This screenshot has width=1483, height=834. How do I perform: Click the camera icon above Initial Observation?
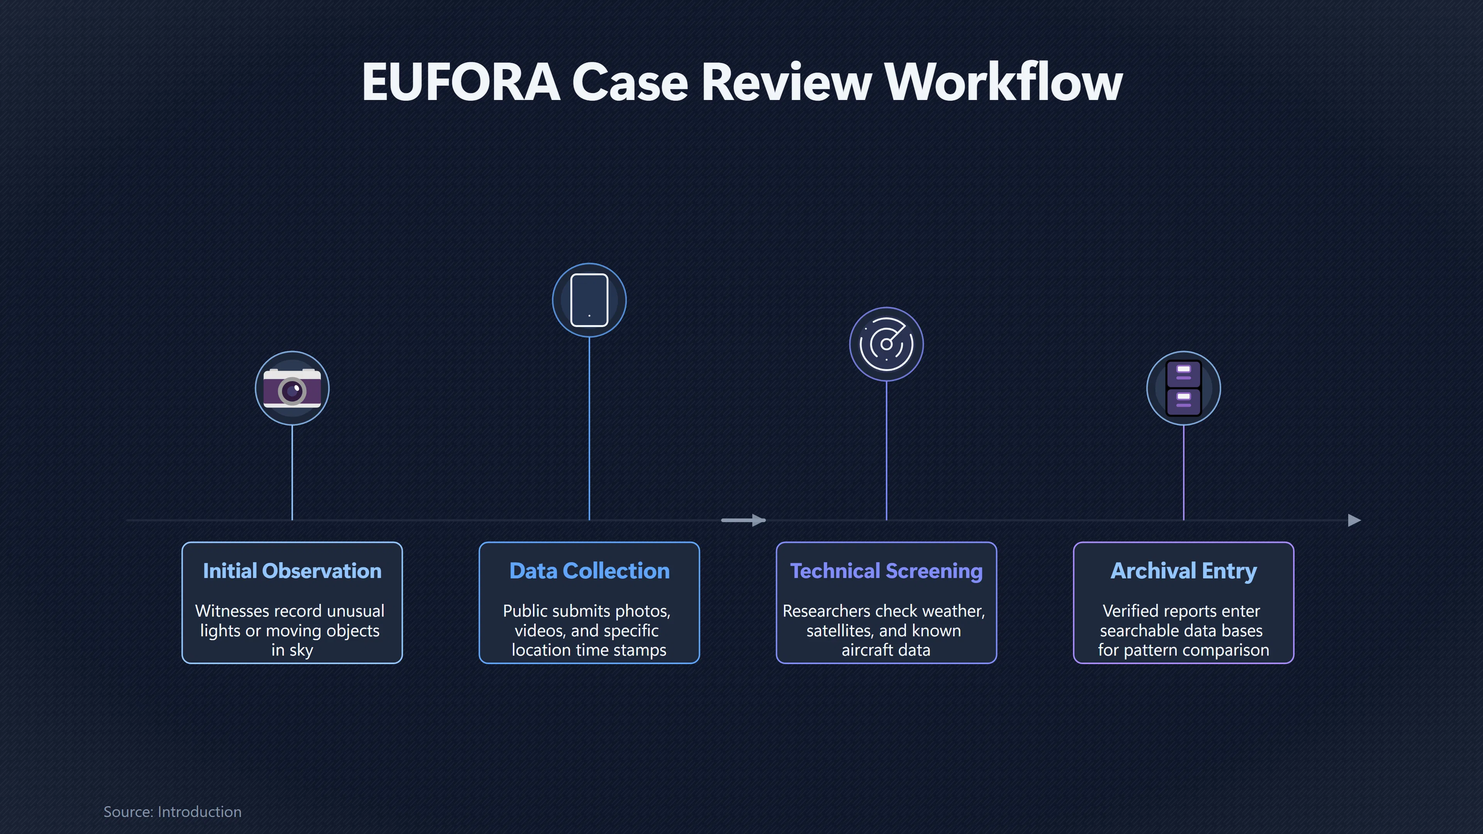tap(292, 388)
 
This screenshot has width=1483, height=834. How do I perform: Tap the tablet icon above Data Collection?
tap(589, 300)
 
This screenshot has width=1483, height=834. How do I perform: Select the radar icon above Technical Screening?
tap(886, 344)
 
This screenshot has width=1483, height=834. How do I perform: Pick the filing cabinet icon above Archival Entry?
tap(1183, 388)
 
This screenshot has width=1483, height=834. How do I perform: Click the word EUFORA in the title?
tap(461, 82)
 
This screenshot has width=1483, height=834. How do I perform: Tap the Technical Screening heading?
tap(886, 571)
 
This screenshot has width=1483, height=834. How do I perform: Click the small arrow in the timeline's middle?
tap(743, 520)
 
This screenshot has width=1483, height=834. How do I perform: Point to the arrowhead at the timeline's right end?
tap(1355, 520)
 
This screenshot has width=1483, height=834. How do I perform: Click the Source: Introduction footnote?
tap(172, 812)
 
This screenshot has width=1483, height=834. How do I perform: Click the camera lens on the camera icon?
tap(292, 392)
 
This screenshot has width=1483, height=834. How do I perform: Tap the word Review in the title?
tap(786, 82)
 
